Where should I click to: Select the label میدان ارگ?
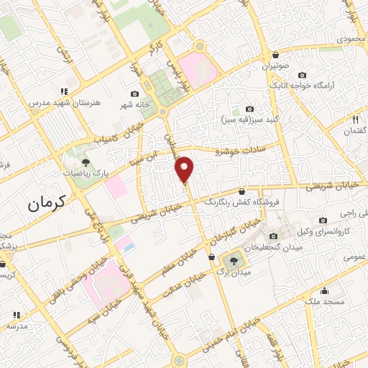pos(233,274)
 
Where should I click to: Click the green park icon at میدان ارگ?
pos(233,259)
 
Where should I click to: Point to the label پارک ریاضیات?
pos(85,173)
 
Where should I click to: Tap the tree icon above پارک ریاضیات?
pos(86,162)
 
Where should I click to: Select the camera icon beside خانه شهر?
pos(134,93)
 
